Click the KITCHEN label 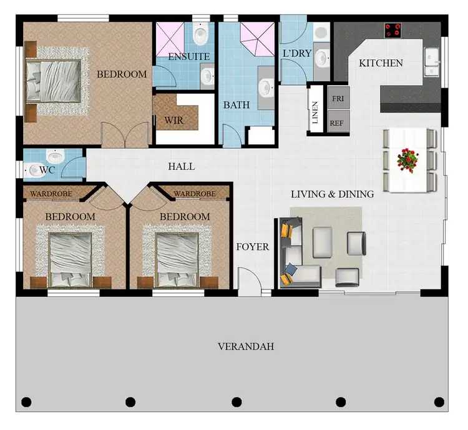[x=380, y=63]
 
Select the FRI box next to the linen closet [x=338, y=98]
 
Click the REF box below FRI [x=338, y=122]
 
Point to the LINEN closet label [x=316, y=113]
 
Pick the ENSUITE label [x=188, y=57]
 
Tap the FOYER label [x=253, y=247]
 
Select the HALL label [x=182, y=167]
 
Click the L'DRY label [x=297, y=54]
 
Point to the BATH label [x=236, y=105]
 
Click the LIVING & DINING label [x=332, y=194]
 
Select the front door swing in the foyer [x=248, y=279]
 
